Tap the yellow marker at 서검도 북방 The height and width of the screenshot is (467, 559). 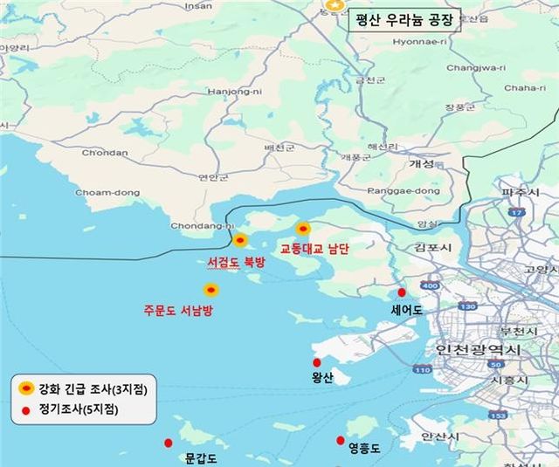click(240, 240)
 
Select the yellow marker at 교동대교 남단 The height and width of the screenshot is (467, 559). click(303, 229)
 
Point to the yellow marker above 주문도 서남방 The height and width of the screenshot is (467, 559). click(210, 290)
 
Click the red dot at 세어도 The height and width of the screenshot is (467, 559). click(402, 292)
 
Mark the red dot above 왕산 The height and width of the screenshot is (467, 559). click(316, 363)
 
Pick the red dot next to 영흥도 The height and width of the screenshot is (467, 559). click(341, 440)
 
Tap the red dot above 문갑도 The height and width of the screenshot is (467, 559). click(169, 443)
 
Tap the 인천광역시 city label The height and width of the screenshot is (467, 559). click(477, 349)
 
